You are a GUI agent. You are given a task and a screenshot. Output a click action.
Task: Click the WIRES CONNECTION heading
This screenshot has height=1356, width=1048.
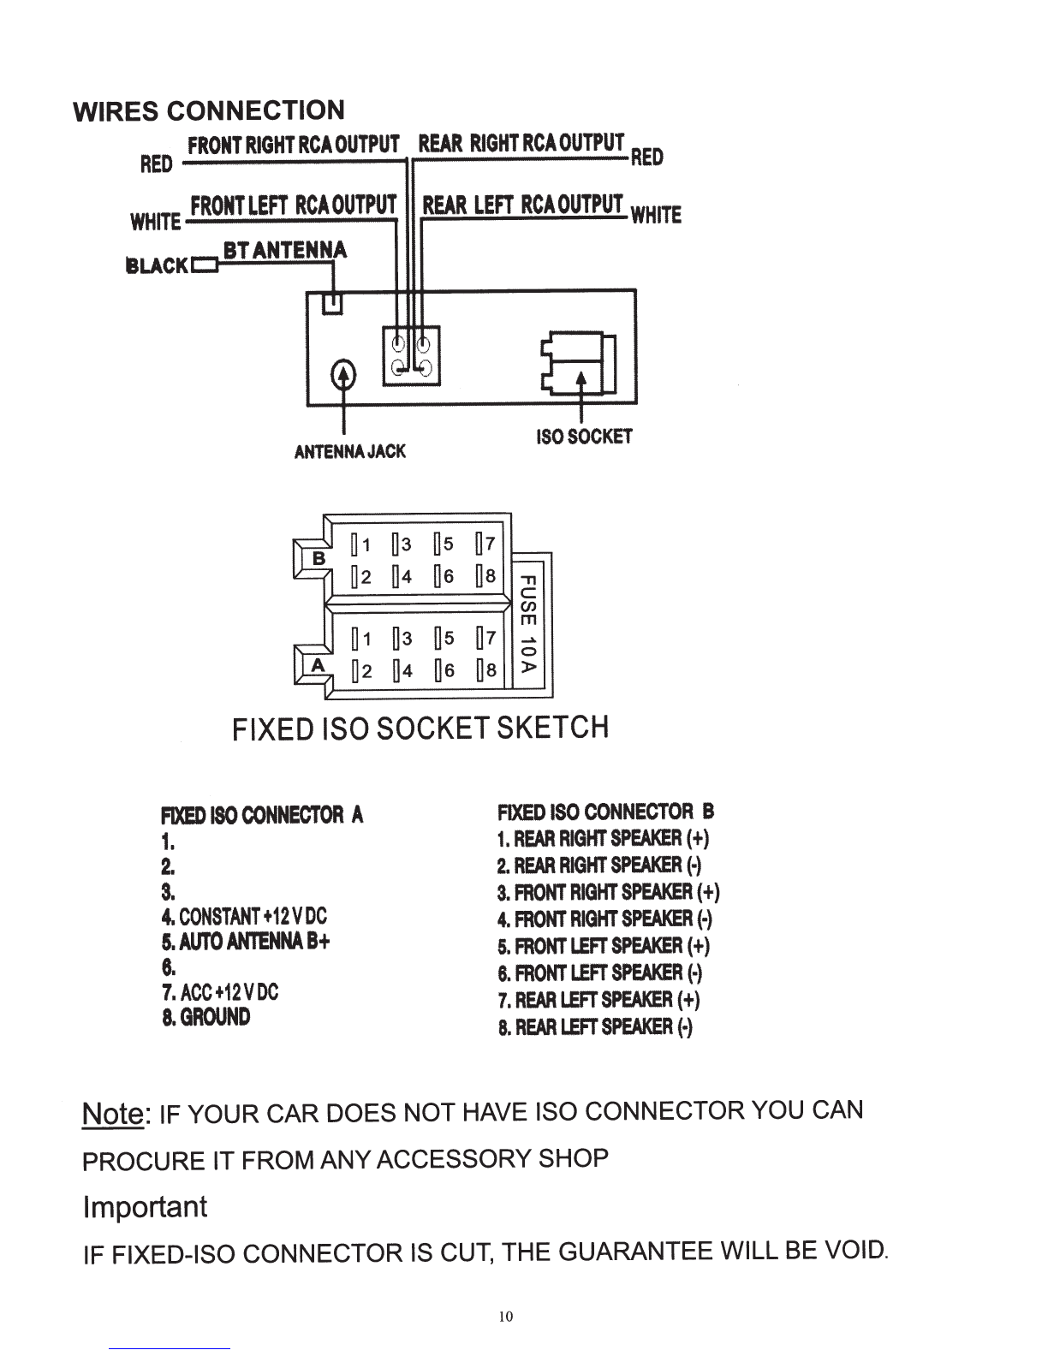click(208, 111)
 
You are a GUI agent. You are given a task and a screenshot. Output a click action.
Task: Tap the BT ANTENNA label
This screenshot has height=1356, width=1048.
click(284, 250)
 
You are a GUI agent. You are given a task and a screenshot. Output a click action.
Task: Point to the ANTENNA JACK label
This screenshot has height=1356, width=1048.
click(349, 451)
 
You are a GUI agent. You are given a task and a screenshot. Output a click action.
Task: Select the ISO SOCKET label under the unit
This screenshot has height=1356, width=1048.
click(584, 437)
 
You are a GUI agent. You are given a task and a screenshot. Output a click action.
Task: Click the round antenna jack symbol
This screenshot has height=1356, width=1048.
click(342, 374)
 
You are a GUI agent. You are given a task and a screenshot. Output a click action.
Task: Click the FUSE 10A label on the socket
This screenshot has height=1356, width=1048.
click(528, 624)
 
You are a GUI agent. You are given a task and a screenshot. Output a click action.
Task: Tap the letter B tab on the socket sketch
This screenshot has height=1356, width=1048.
click(319, 558)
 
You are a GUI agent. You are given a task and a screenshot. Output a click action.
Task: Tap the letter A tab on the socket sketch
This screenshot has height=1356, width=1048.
click(319, 664)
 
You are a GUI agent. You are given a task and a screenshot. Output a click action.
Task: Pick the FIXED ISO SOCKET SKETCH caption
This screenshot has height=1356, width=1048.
click(420, 728)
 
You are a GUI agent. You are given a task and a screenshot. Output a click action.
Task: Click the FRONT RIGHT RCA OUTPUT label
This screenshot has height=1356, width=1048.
click(294, 145)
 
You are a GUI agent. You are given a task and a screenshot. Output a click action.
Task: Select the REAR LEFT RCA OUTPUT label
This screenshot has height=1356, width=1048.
click(522, 204)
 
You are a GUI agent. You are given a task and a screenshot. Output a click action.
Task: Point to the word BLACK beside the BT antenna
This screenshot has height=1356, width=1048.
click(157, 266)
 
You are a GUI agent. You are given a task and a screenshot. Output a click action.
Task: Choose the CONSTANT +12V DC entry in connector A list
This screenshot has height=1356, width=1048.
click(244, 917)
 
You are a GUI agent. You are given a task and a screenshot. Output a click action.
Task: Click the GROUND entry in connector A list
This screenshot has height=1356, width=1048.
click(206, 1017)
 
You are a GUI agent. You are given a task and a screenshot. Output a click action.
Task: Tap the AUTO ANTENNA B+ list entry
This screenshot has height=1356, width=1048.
click(245, 941)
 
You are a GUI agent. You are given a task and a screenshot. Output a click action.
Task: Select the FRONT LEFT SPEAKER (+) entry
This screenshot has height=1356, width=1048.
click(604, 946)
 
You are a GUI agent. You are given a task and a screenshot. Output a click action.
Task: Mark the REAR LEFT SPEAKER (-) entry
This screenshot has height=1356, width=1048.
click(595, 1026)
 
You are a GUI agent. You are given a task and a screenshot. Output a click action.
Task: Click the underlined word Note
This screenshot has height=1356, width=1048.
click(113, 1113)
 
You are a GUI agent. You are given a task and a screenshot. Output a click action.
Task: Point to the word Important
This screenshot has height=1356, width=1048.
click(145, 1206)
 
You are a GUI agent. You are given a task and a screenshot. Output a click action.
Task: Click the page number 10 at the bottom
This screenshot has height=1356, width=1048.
click(505, 1316)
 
